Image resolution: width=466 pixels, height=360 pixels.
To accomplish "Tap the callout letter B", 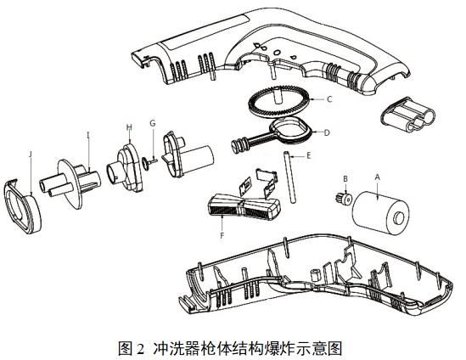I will click(345, 179).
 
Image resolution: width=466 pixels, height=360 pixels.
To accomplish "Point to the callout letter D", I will click(327, 132).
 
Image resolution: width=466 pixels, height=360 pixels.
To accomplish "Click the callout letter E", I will click(309, 155).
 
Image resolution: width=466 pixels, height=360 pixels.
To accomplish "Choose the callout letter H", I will click(129, 128).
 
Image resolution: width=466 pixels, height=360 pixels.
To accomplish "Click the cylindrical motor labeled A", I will click(379, 207).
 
